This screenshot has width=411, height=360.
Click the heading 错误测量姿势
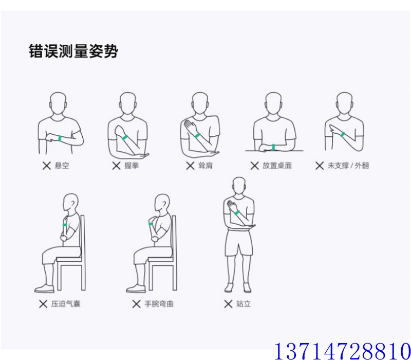pyautogui.click(x=73, y=51)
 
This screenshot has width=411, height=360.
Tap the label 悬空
pyautogui.click(x=62, y=166)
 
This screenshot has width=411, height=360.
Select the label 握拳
pyautogui.click(x=132, y=166)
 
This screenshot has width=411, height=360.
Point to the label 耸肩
pyautogui.click(x=205, y=166)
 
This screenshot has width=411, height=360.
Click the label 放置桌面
pyautogui.click(x=277, y=166)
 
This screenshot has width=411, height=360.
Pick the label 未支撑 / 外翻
pyautogui.click(x=348, y=166)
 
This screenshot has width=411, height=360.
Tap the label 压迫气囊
pyautogui.click(x=66, y=304)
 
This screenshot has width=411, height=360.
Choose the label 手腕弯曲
pyautogui.click(x=159, y=304)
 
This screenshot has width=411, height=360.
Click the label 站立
pyautogui.click(x=244, y=304)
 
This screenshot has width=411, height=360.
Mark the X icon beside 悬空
pyautogui.click(x=47, y=166)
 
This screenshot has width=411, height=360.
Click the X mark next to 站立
pyautogui.click(x=228, y=304)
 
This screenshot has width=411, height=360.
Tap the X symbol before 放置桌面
pyautogui.click(x=254, y=166)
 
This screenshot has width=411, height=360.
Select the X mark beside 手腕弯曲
pyautogui.click(x=136, y=304)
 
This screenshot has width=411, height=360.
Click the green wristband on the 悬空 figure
pyautogui.click(x=60, y=138)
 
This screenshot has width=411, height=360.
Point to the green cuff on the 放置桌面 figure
pyautogui.click(x=274, y=147)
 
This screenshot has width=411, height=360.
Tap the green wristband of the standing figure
pyautogui.click(x=237, y=212)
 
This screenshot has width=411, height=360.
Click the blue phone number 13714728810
pyautogui.click(x=343, y=351)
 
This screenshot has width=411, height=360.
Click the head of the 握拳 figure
pyautogui.click(x=127, y=103)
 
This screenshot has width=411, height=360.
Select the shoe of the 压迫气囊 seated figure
pyautogui.click(x=45, y=289)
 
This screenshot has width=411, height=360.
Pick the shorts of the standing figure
pyautogui.click(x=239, y=243)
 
